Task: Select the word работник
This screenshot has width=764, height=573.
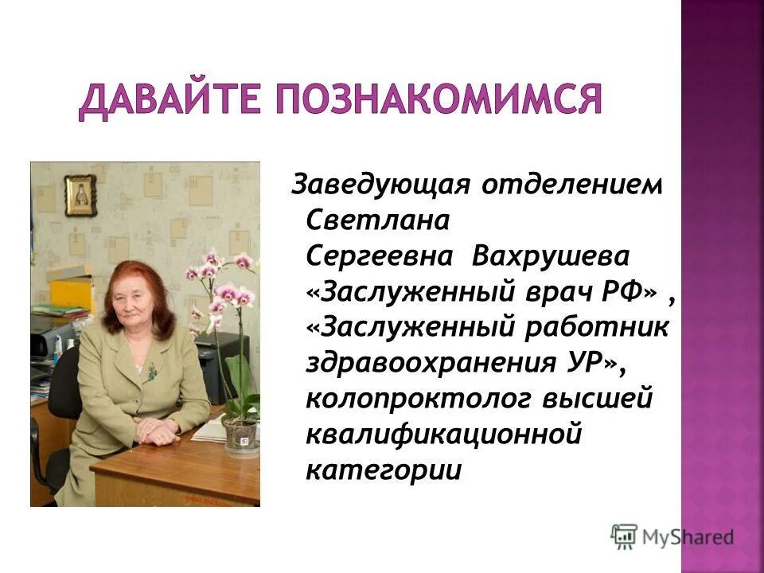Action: (x=600, y=328)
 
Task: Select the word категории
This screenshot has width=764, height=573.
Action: (x=384, y=470)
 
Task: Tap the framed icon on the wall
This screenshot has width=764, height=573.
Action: (x=80, y=194)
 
